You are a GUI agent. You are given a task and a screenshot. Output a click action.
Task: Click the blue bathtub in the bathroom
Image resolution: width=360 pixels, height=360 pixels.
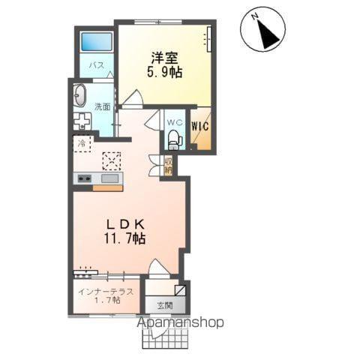97,42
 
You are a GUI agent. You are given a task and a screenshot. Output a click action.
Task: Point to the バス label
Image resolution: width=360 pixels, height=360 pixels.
97,65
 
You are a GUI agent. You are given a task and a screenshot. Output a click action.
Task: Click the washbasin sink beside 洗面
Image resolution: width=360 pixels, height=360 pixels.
81,95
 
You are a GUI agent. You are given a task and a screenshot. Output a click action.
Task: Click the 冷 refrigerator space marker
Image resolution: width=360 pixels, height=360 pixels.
79,142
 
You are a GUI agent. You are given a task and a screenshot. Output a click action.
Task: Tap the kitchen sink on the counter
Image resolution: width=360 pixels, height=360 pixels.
109,178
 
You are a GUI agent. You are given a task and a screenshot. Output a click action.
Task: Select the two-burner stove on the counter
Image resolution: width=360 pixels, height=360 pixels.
82,178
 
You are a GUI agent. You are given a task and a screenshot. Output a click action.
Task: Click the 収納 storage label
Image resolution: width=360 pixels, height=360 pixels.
169,165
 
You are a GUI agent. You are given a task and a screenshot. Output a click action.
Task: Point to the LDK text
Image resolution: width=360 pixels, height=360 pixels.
124,223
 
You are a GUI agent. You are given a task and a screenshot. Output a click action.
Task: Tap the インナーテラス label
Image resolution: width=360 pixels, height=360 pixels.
106,289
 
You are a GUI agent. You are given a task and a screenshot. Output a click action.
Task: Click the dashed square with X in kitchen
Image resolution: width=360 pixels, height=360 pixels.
111,160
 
